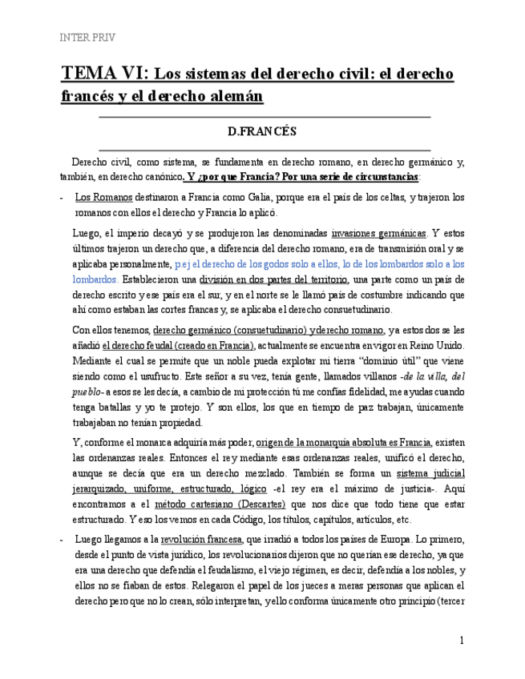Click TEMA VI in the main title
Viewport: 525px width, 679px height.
tap(104, 74)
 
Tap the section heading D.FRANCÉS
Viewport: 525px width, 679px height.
tap(263, 131)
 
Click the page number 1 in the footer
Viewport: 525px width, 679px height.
tap(462, 641)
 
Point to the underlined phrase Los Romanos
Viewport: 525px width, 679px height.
tap(99, 197)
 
